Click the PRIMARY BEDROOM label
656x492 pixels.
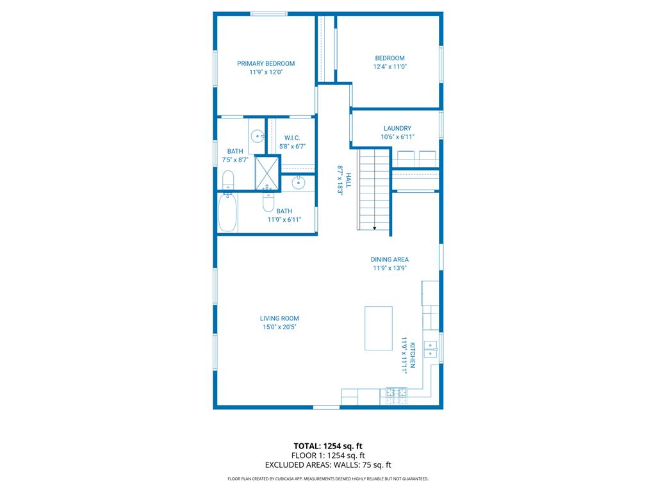[266, 63]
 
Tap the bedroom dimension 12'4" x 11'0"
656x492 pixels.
[389, 67]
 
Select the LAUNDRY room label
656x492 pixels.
[397, 128]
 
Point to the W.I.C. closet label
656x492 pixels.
[292, 138]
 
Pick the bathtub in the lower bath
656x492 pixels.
[227, 213]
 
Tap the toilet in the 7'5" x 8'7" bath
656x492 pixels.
[227, 180]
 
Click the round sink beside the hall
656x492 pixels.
[299, 183]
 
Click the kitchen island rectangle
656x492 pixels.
[379, 328]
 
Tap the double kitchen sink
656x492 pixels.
[431, 349]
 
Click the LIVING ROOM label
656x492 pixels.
[279, 318]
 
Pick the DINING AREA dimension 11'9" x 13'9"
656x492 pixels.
[389, 268]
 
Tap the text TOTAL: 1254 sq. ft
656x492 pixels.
[328, 446]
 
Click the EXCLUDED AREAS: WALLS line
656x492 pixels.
[328, 465]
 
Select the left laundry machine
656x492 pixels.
[407, 158]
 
